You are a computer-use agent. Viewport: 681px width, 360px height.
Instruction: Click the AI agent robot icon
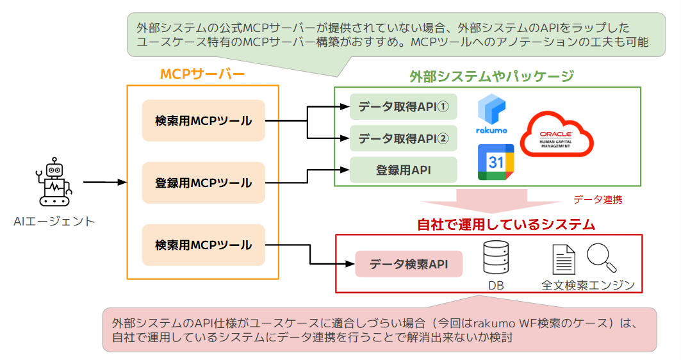(54, 183)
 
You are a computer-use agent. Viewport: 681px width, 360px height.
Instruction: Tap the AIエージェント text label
(54, 222)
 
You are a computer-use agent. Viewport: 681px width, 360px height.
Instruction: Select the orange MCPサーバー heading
(202, 74)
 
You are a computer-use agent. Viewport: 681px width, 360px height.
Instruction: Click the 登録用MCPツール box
(203, 183)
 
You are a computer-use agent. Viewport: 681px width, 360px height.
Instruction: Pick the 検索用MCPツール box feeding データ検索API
(203, 245)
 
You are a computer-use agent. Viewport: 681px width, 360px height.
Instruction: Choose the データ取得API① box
(403, 106)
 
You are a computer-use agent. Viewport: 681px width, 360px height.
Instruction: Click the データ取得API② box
(403, 137)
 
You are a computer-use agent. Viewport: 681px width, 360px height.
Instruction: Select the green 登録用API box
(403, 170)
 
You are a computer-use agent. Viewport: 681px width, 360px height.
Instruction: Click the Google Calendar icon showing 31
(496, 162)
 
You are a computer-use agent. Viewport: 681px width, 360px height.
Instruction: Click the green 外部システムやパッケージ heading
(491, 76)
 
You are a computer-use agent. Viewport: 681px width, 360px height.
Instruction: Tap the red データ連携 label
(597, 199)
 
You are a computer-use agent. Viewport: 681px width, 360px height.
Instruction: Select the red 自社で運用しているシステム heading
(506, 224)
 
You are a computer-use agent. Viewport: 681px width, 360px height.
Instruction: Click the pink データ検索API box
(408, 263)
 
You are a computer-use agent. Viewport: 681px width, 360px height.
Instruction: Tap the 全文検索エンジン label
(587, 285)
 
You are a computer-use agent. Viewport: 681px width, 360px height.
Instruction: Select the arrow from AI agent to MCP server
(104, 183)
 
